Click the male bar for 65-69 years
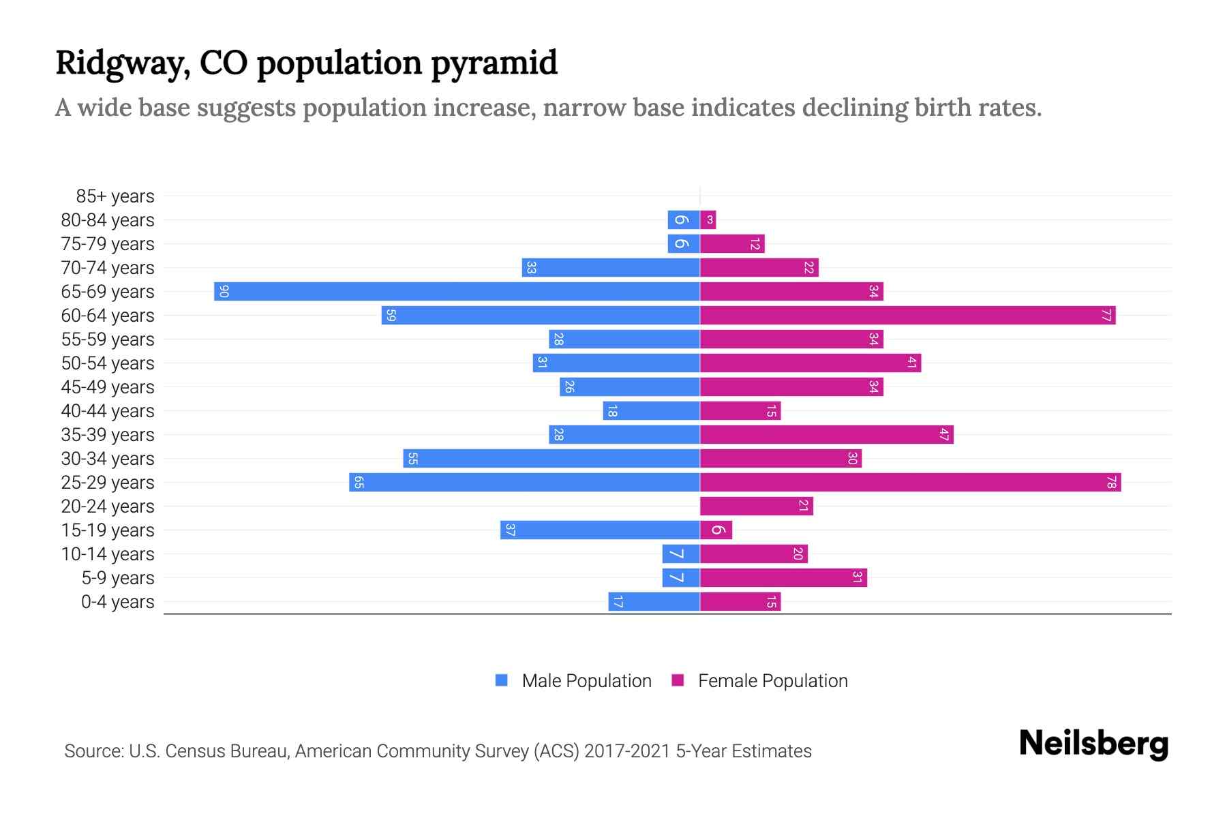(x=457, y=291)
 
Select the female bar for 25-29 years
(x=910, y=483)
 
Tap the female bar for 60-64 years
(x=907, y=315)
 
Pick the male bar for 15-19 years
(x=600, y=530)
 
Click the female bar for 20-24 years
(x=756, y=506)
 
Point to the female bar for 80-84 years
(x=708, y=219)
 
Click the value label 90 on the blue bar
(x=224, y=292)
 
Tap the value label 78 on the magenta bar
(x=1111, y=483)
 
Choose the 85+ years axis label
(x=115, y=196)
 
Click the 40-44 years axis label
(x=108, y=411)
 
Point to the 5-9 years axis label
(x=118, y=578)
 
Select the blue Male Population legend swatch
(x=502, y=680)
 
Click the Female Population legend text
(x=772, y=681)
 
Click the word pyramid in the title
(x=494, y=63)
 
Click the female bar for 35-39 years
(x=826, y=434)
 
